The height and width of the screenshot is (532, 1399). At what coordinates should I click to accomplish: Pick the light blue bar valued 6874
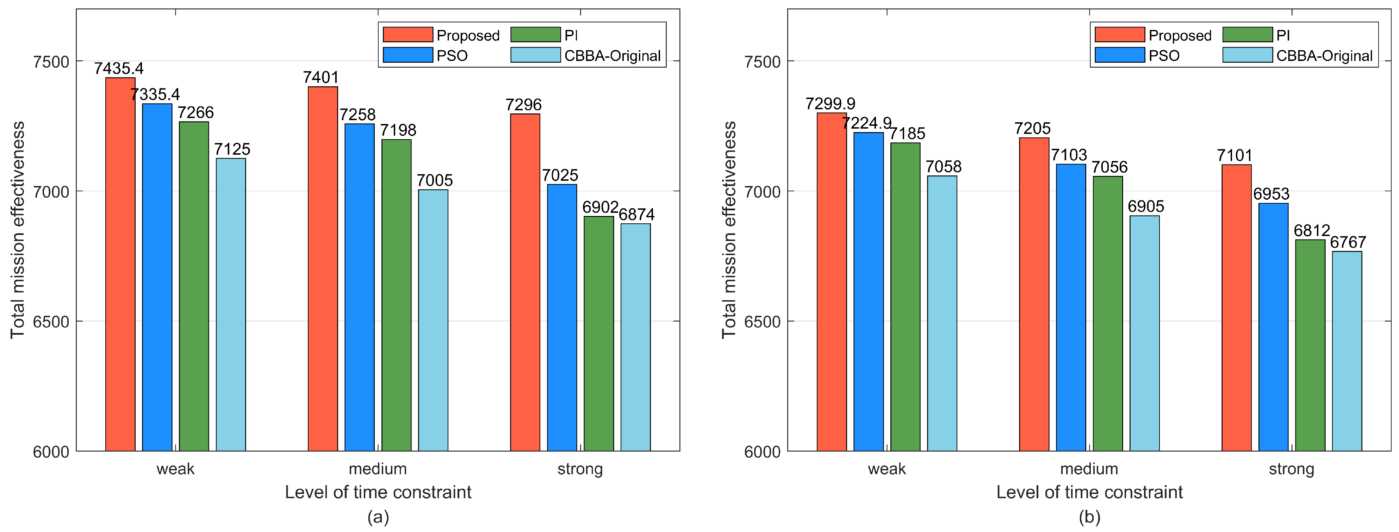[x=635, y=337]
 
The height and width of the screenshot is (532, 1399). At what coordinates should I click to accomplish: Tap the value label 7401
[x=321, y=77]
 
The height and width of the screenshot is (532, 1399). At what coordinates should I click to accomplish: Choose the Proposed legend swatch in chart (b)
[x=1119, y=35]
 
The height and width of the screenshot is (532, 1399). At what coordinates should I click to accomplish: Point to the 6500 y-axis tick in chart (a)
[x=51, y=321]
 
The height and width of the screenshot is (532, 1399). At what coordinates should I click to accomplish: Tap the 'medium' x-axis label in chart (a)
[x=378, y=469]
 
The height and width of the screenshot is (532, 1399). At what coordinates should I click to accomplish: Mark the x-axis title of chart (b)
[x=1089, y=492]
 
